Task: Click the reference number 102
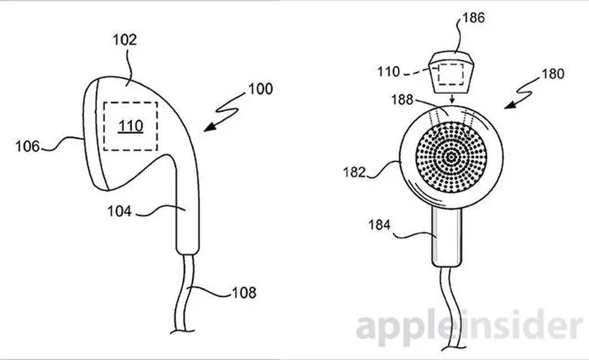125,39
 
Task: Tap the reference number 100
260,89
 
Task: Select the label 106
27,146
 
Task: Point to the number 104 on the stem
119,211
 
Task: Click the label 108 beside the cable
244,293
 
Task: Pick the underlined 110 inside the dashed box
131,126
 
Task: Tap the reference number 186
473,18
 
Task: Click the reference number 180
553,74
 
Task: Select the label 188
403,100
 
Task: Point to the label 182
354,172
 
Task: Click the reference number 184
379,225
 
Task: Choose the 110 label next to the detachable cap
389,71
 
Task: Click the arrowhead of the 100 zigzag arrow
210,127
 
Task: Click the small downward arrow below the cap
452,99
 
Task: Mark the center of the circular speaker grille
451,157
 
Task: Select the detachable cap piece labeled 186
452,71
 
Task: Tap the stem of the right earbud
446,237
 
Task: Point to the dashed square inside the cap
452,74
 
